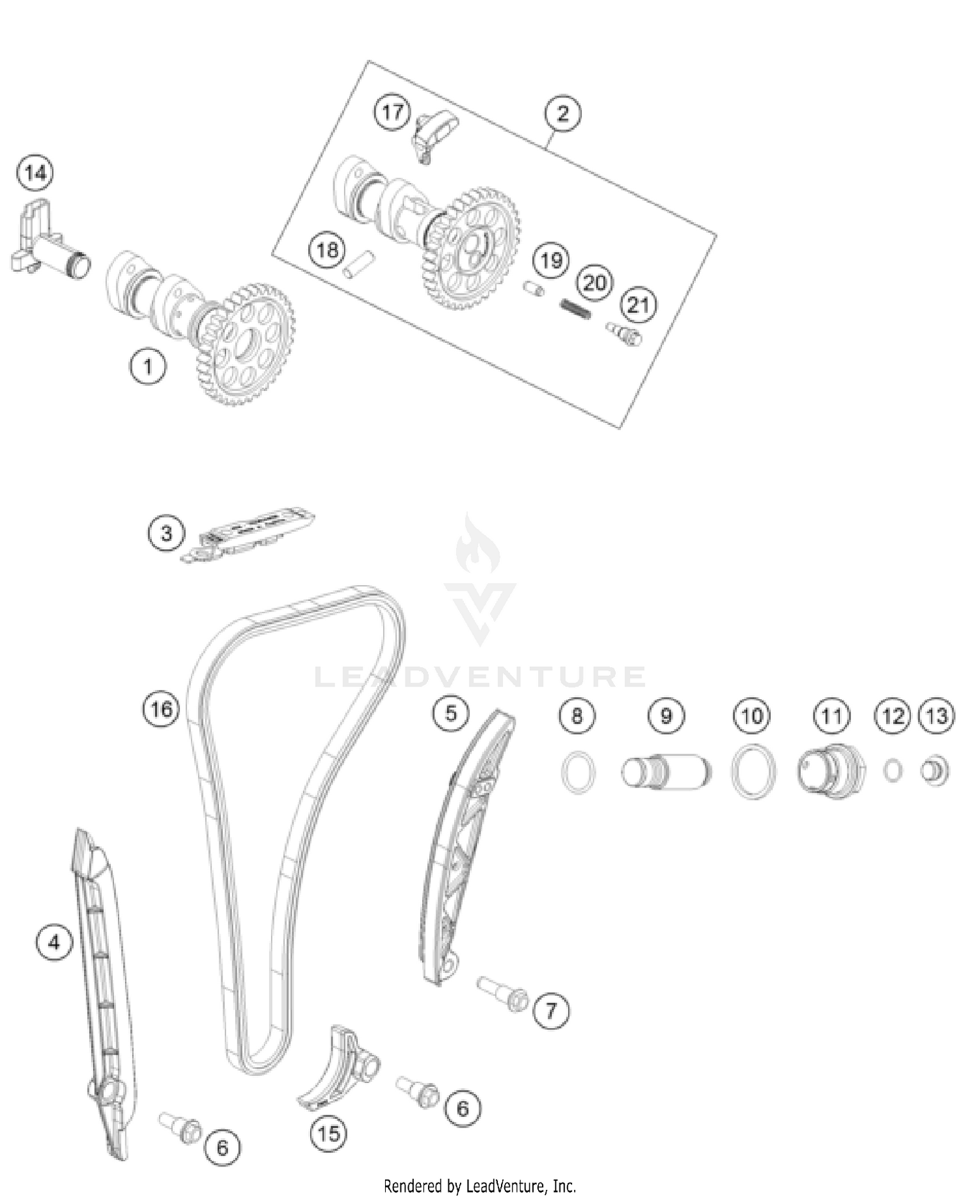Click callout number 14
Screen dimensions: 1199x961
tap(35, 173)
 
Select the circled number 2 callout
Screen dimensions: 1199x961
tap(562, 113)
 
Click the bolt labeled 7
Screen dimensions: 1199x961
tap(503, 994)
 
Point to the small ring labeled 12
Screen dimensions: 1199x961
tap(892, 770)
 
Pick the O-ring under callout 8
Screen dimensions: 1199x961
tap(578, 772)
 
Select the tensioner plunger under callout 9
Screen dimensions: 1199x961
tap(666, 772)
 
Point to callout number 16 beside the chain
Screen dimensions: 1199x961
tap(161, 709)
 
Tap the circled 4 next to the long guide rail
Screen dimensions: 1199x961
tap(54, 943)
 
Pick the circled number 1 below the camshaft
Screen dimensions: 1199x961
tap(147, 367)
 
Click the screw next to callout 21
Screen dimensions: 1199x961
tap(623, 334)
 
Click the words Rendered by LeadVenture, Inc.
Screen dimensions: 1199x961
tap(480, 1186)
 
